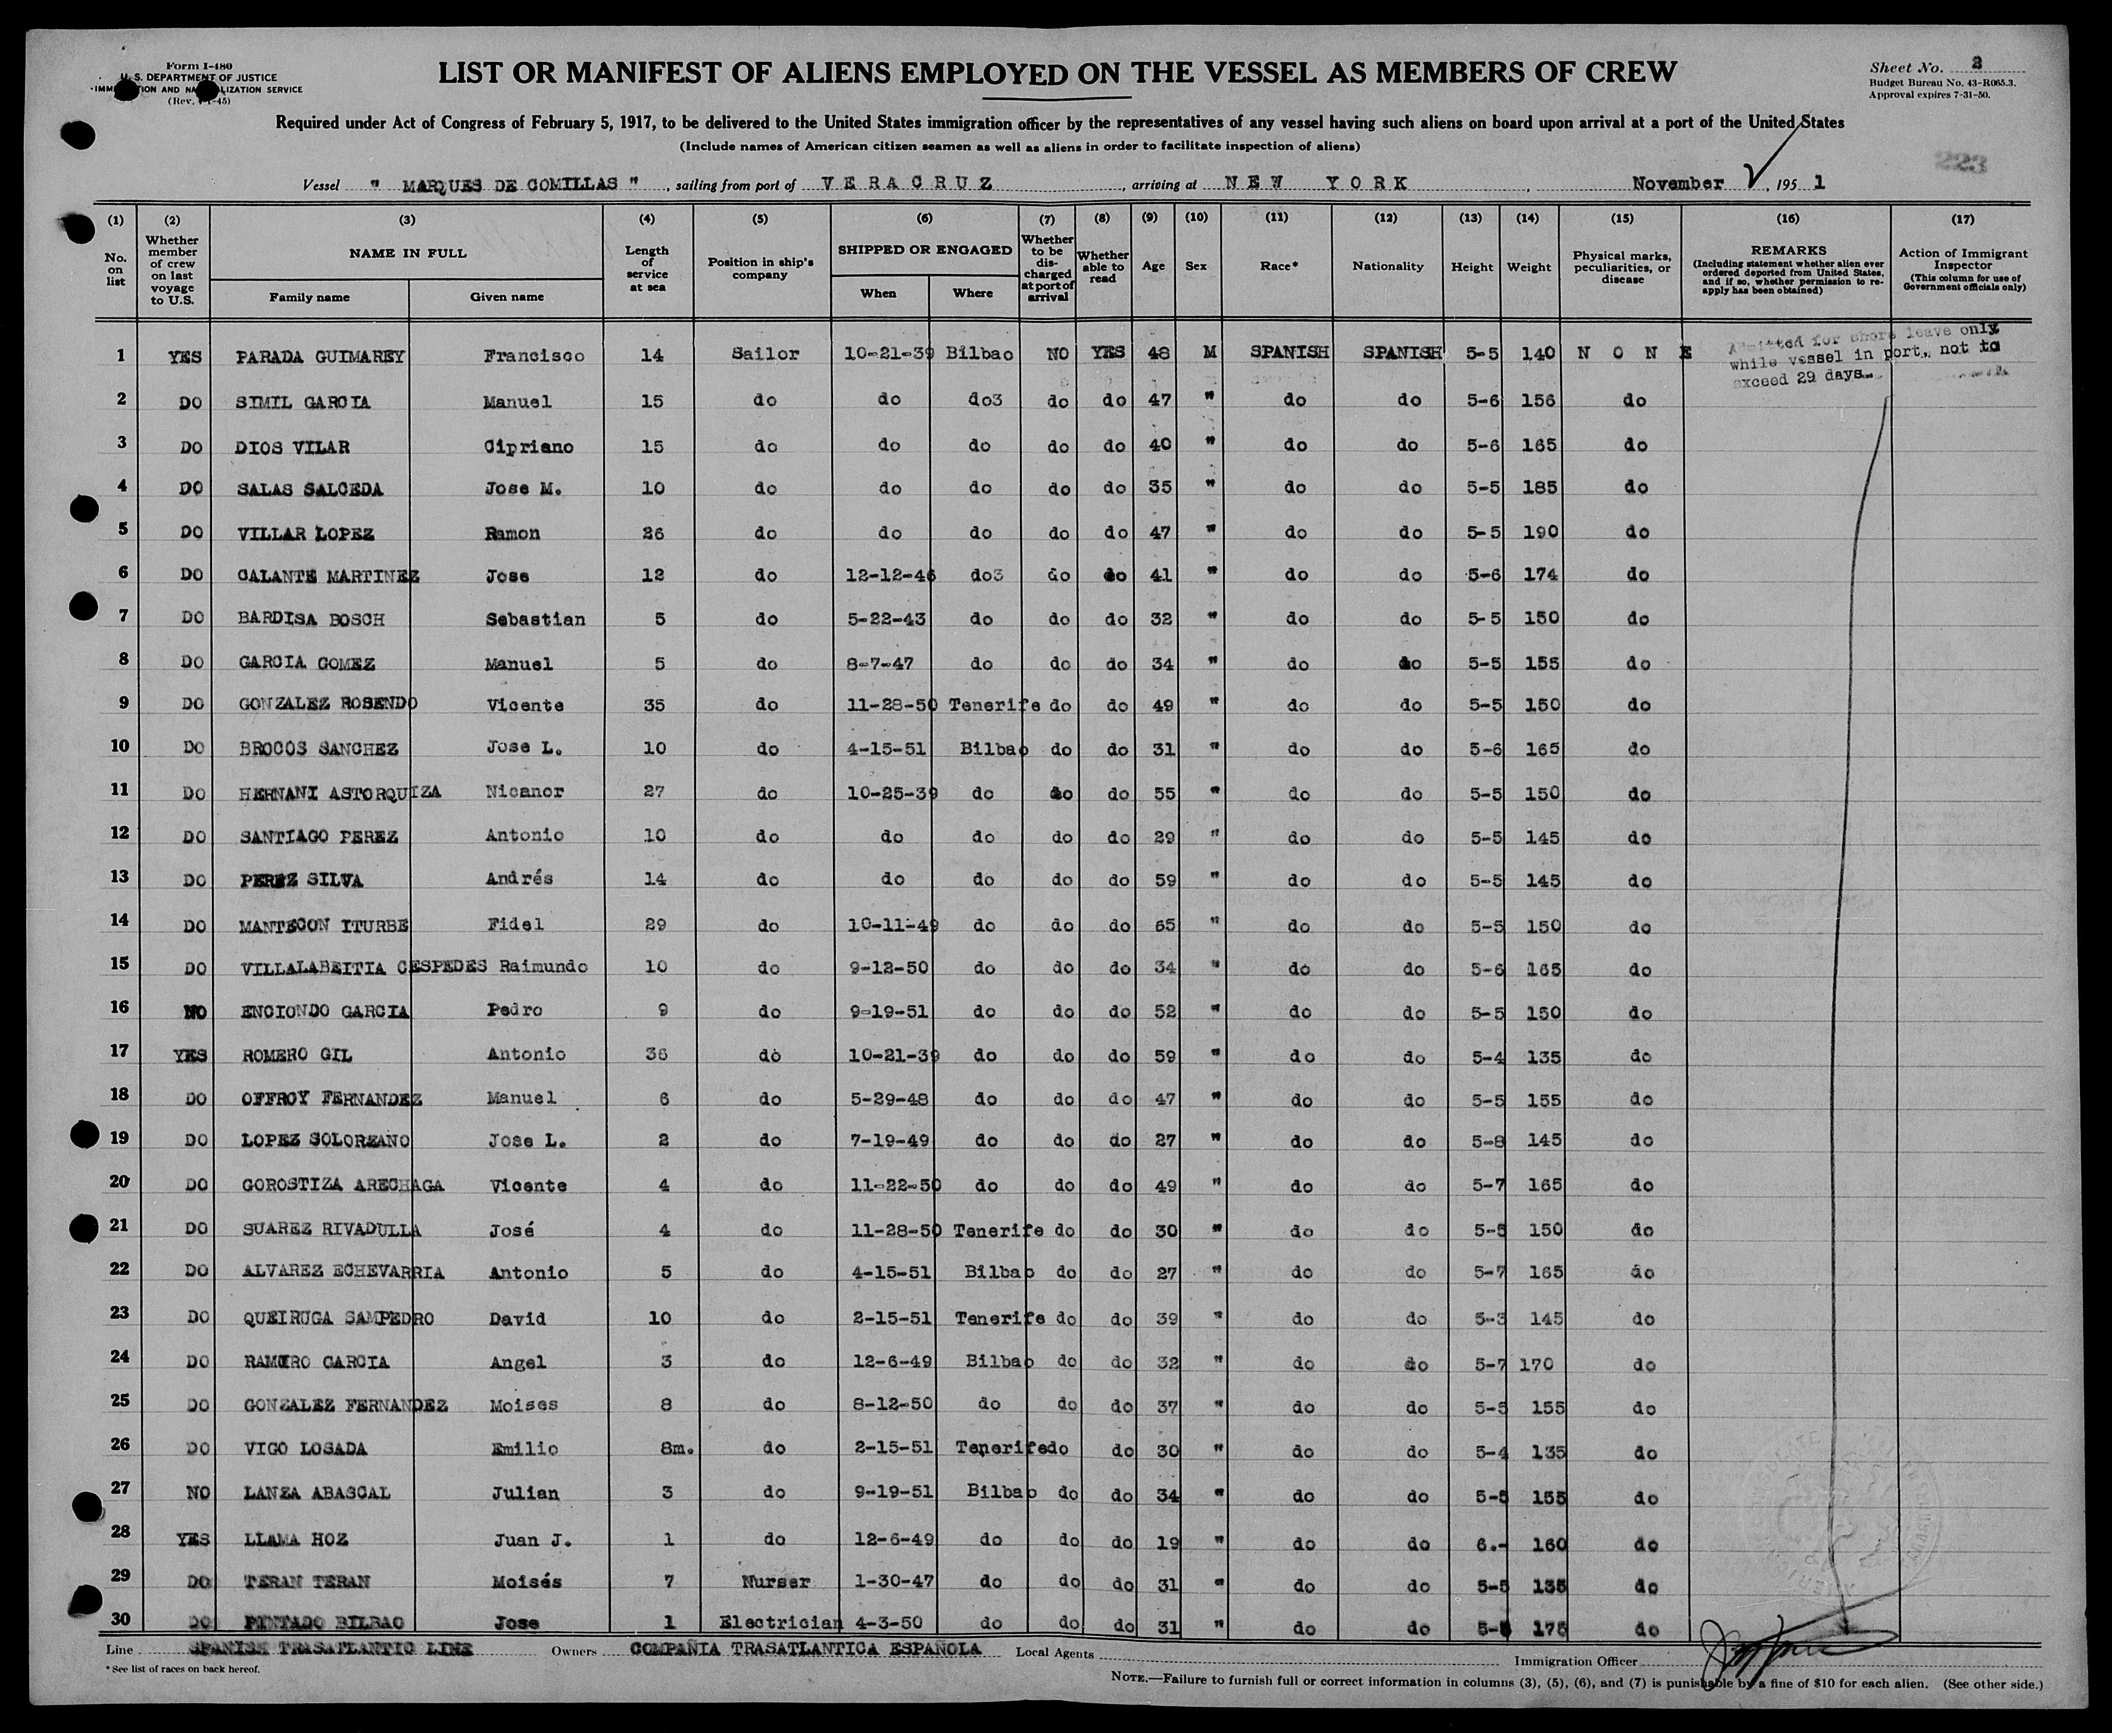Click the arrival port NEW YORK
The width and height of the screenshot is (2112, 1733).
[1305, 183]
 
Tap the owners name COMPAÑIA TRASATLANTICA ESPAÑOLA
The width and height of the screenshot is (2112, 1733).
[804, 1649]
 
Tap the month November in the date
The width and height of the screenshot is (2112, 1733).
[1678, 183]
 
